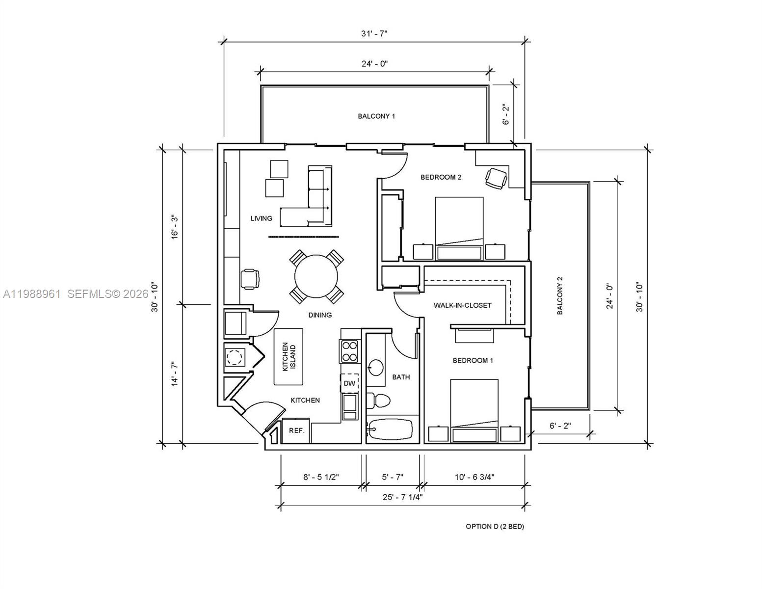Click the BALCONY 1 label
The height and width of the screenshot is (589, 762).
pos(376,116)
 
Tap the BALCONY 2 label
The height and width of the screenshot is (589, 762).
pos(560,295)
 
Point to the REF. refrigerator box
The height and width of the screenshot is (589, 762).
pos(296,430)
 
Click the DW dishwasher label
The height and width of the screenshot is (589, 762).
pos(349,383)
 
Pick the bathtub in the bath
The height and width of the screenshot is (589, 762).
pos(391,430)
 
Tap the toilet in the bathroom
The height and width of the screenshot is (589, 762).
pos(379,401)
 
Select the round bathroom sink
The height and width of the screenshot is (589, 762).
pos(376,367)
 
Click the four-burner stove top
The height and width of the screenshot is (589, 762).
pos(349,351)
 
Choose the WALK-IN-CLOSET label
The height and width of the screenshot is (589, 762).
pos(462,305)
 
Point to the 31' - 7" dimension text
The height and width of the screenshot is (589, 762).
pos(374,34)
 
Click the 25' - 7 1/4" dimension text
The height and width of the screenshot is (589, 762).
pos(402,497)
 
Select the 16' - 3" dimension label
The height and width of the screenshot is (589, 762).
pos(174,227)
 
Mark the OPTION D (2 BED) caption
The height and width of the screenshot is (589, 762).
pos(495,527)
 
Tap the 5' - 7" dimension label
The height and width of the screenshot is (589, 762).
pos(392,477)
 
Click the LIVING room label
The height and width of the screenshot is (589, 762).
pos(261,218)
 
